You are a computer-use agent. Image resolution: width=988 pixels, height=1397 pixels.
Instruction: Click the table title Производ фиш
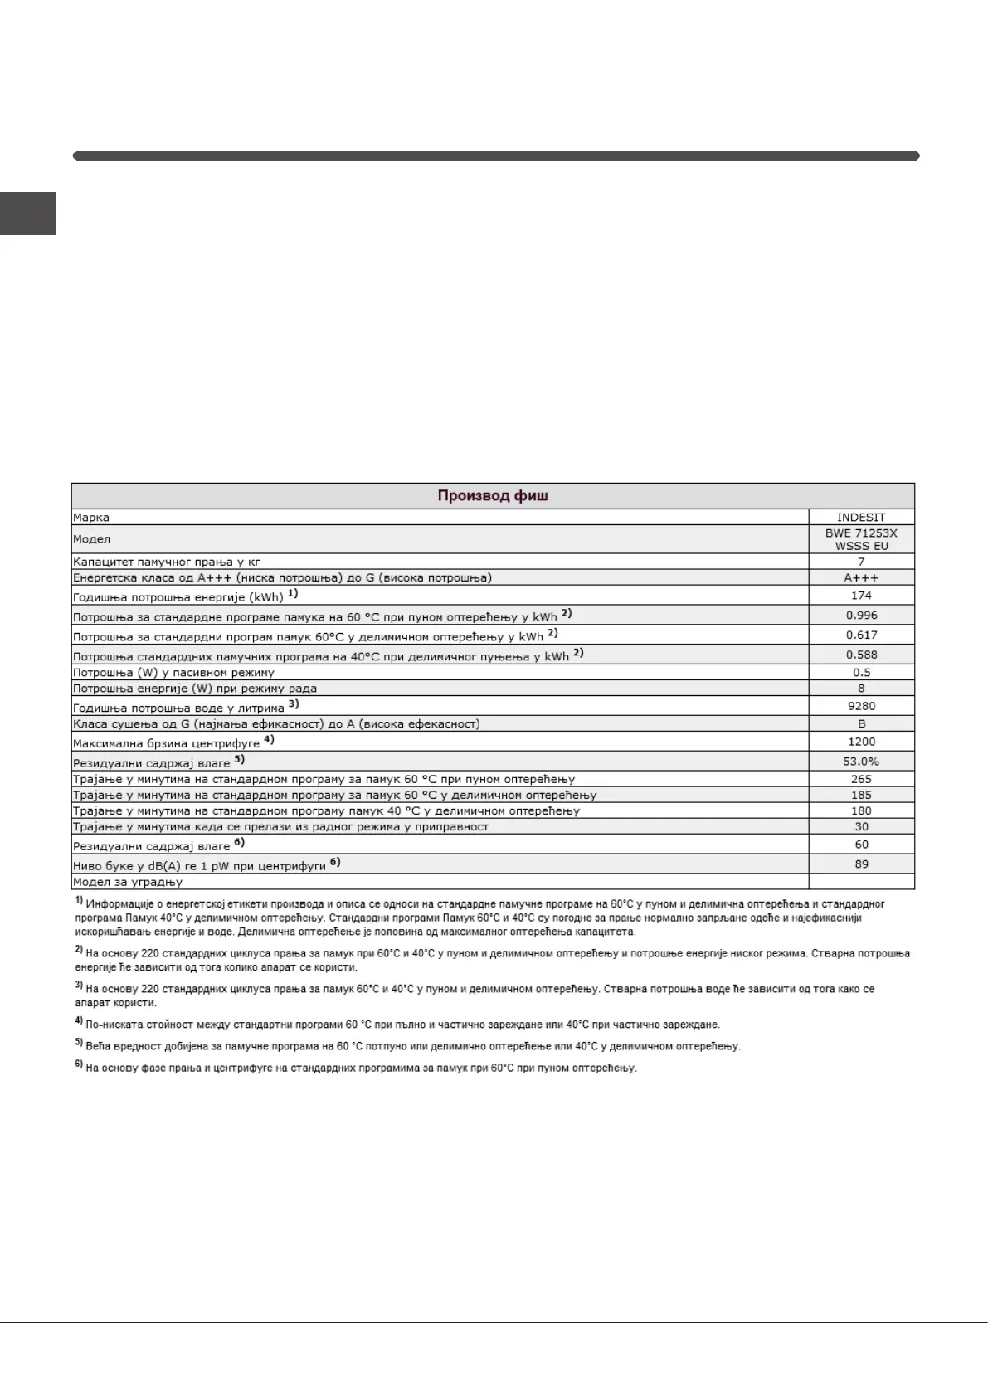click(493, 496)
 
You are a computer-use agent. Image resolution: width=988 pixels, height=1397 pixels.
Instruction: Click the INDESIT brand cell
click(861, 517)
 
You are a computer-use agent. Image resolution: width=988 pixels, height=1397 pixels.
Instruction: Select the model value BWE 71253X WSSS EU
click(861, 539)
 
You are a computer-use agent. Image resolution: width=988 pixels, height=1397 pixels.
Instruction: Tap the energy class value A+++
click(861, 577)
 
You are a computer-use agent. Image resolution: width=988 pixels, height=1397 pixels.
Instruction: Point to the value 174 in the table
click(861, 596)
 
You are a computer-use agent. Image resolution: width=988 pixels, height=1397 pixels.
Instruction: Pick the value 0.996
click(861, 616)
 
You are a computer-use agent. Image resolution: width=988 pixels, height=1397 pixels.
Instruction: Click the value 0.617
click(861, 635)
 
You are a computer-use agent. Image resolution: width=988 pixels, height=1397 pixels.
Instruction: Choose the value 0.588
click(861, 655)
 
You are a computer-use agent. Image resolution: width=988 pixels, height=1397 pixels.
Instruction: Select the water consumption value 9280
click(861, 706)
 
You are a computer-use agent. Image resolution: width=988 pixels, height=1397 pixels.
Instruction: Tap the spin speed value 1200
click(861, 742)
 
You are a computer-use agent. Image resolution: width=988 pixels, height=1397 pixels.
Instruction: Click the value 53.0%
click(861, 762)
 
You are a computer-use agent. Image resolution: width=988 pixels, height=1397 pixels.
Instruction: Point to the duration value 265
click(861, 779)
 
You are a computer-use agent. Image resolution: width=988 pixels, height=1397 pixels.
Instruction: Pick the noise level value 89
click(861, 864)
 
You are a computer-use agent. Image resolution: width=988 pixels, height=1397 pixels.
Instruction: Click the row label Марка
click(91, 518)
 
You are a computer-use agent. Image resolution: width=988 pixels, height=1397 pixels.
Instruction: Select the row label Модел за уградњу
click(128, 882)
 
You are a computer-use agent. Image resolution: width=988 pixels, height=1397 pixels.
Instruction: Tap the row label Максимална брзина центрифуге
click(166, 743)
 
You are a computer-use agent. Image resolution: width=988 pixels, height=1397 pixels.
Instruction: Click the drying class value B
click(861, 723)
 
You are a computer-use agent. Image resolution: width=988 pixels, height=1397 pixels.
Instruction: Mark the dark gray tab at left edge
click(27, 214)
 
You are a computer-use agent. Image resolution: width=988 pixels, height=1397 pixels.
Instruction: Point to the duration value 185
click(861, 795)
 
